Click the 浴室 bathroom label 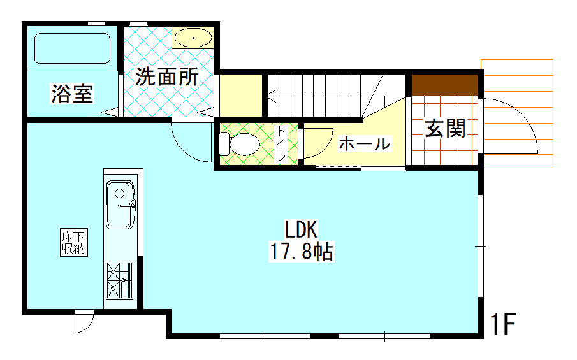coord(72,94)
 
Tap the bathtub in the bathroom coord(73,48)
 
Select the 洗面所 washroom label coord(167,77)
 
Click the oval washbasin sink coord(193,38)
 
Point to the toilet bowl coord(240,144)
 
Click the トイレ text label coord(281,144)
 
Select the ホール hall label coord(364,143)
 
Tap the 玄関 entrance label coord(446,128)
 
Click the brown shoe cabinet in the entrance coord(444,85)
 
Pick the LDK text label coord(301,229)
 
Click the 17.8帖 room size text coord(302,252)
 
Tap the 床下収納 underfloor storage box coord(74,242)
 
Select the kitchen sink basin coord(121,205)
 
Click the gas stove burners coord(120,280)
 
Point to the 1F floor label coord(503,324)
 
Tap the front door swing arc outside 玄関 coord(523,118)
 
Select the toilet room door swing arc coord(322,147)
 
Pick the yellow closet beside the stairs coord(240,96)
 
